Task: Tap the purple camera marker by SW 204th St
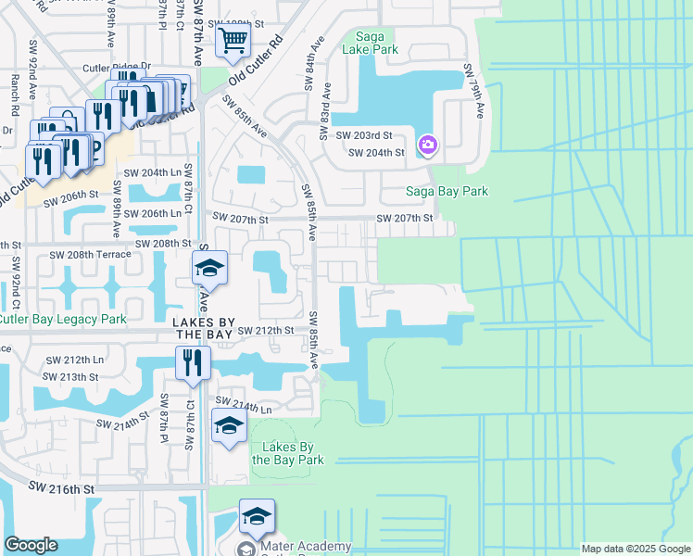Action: [x=427, y=145]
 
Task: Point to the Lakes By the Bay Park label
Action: [x=292, y=453]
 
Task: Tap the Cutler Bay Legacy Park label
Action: [x=63, y=320]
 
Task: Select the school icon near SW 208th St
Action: [x=210, y=269]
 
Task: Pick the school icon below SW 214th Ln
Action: [x=229, y=425]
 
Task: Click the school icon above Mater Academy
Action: [x=257, y=516]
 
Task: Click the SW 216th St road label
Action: [x=62, y=486]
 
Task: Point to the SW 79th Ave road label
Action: [x=474, y=90]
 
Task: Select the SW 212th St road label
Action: [x=266, y=330]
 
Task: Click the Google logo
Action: [x=31, y=545]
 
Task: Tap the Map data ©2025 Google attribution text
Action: [x=635, y=549]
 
